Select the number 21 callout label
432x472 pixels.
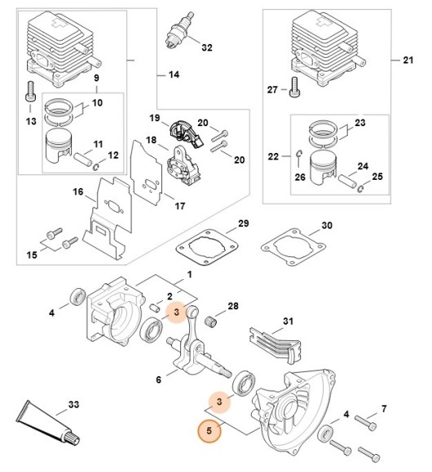tap(408, 61)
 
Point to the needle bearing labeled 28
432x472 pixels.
tap(216, 314)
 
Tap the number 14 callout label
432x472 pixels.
tap(173, 75)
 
